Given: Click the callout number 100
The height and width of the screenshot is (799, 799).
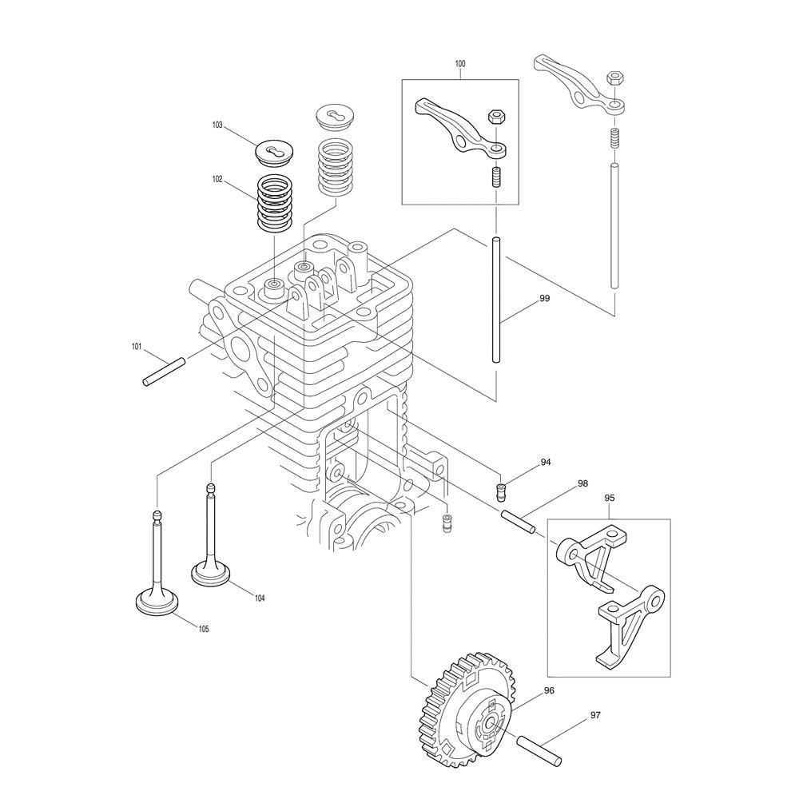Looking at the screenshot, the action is pos(459,64).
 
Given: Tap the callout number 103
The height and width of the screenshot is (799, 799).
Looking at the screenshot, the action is pos(217,125).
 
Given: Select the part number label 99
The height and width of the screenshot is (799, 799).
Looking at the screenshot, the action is pos(545,298).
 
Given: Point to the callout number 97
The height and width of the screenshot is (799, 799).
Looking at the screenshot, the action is pos(595,715).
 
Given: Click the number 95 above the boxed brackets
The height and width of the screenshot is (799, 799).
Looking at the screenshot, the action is pos(610,498).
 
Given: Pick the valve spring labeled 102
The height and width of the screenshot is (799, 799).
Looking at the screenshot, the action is pos(276,203).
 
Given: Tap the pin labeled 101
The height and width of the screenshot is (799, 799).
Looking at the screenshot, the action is pos(164,372).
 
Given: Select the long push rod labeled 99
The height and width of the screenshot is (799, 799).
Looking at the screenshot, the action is pos(496,300).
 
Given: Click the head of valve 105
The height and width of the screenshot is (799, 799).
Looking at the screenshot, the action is pos(157,603).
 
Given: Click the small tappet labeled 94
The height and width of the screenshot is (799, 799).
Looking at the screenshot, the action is pos(503,491).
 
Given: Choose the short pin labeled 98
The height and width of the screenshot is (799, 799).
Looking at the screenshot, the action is pos(518,522).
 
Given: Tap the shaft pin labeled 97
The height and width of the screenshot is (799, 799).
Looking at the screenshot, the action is pos(539,749).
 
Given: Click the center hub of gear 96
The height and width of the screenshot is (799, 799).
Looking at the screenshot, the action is pos(491,724).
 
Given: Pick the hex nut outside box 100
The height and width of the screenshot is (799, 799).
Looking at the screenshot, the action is pos(614,79).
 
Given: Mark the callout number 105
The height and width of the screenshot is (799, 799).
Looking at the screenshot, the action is pos(203,630).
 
